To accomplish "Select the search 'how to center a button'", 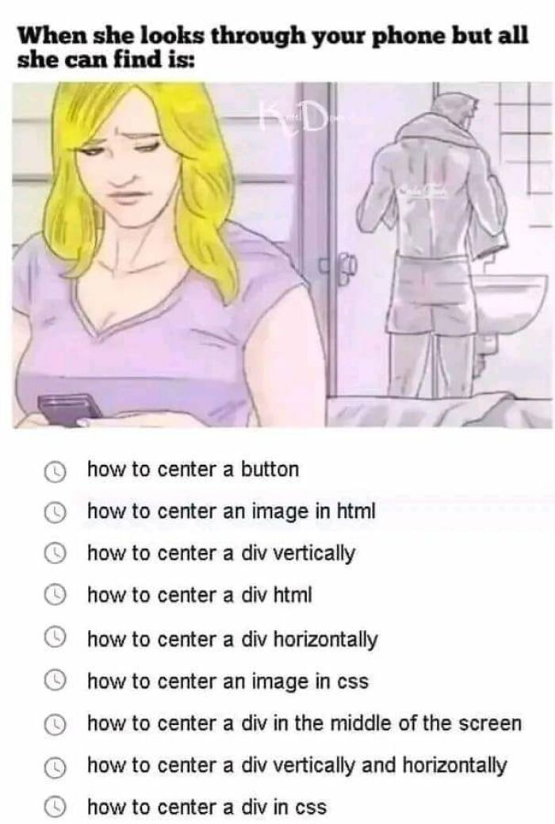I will pyautogui.click(x=193, y=470).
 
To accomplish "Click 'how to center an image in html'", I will pyautogui.click(x=230, y=512).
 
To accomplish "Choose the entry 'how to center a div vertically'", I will pyautogui.click(x=221, y=554).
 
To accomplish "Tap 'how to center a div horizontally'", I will pyautogui.click(x=232, y=639).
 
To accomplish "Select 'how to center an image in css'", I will pyautogui.click(x=228, y=681).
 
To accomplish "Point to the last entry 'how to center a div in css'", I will pyautogui.click(x=206, y=807).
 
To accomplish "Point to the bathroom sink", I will pyautogui.click(x=507, y=301).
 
